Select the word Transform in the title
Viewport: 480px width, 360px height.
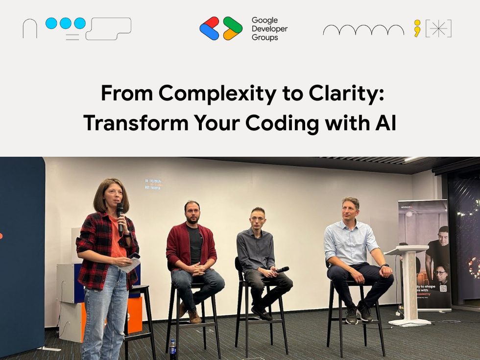click(136, 123)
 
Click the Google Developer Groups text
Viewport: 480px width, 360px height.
click(269, 29)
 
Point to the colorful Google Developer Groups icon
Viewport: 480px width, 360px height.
click(221, 28)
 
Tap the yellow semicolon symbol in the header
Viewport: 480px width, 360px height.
click(417, 28)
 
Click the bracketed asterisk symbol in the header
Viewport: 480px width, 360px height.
click(438, 28)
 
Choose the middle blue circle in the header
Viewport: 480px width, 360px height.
click(66, 23)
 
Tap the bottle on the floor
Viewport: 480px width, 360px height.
click(172, 349)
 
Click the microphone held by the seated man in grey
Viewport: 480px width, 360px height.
click(282, 269)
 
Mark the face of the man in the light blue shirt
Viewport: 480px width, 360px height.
click(350, 210)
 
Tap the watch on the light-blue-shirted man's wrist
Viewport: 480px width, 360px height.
click(385, 266)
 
